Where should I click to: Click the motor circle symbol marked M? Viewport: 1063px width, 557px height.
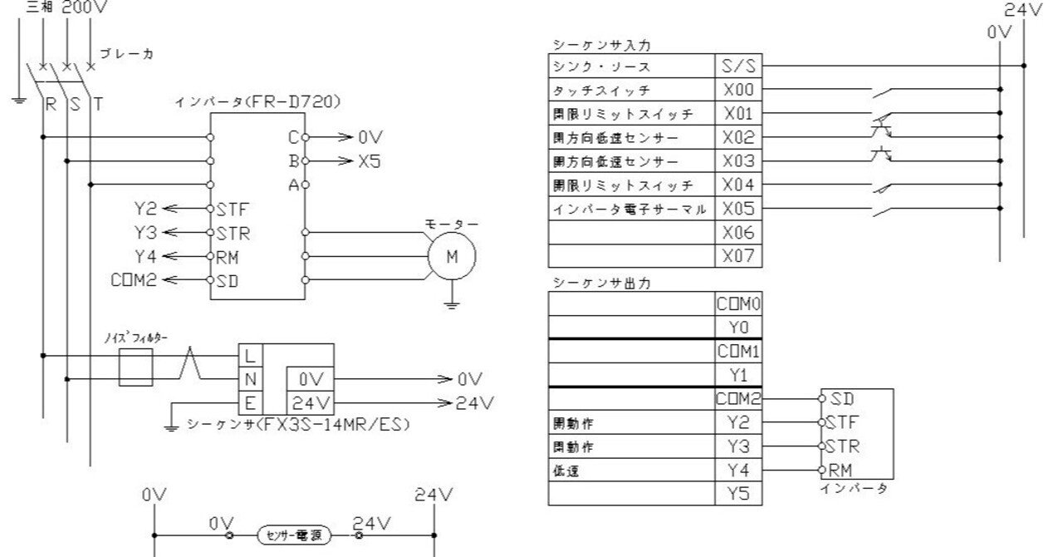click(x=452, y=256)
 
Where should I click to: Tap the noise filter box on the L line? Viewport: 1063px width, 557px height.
click(x=135, y=367)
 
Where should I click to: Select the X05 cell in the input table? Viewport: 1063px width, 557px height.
click(x=737, y=208)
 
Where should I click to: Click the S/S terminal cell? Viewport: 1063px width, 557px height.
click(x=737, y=66)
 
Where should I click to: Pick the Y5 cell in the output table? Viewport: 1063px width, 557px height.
click(x=737, y=494)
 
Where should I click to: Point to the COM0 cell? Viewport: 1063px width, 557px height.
click(x=737, y=304)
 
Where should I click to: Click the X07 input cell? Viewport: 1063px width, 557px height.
click(x=737, y=255)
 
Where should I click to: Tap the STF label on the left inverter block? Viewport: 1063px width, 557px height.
click(x=232, y=208)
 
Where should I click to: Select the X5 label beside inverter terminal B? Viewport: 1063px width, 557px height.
click(x=370, y=161)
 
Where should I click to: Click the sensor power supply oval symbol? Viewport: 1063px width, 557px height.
click(x=293, y=535)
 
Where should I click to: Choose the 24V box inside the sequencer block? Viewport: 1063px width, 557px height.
click(x=311, y=404)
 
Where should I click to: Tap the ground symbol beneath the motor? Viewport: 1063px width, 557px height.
click(x=452, y=305)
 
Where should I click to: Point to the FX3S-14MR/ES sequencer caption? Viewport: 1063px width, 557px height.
click(x=299, y=425)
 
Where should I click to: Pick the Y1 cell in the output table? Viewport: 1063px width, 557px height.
click(x=737, y=374)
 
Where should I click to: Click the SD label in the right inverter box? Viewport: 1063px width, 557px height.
click(x=840, y=399)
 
